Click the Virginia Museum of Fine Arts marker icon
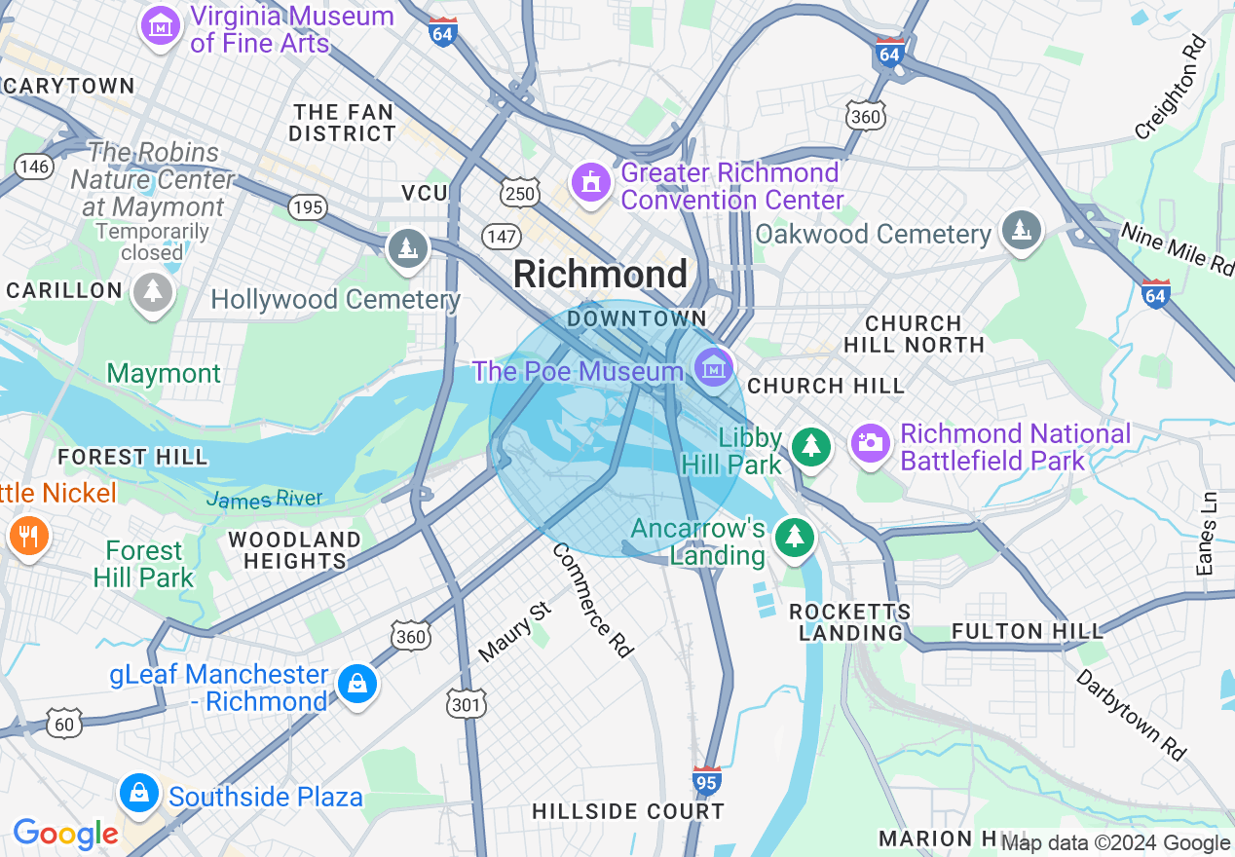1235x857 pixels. click(x=161, y=25)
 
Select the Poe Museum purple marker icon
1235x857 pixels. click(x=714, y=368)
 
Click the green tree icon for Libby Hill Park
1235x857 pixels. click(x=809, y=446)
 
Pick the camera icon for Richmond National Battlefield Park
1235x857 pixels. click(x=870, y=443)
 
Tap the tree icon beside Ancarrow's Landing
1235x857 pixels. click(x=795, y=536)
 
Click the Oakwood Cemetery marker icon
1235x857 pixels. click(x=1020, y=230)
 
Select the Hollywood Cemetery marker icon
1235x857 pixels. click(x=408, y=248)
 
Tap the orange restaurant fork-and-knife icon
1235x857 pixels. click(x=29, y=535)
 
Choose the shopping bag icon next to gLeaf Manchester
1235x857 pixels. click(x=357, y=684)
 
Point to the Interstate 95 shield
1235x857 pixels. click(x=707, y=780)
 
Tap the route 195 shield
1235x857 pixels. click(x=308, y=206)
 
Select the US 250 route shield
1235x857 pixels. click(x=520, y=194)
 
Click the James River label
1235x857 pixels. click(x=264, y=500)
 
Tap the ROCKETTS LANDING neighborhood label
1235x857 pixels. click(x=849, y=622)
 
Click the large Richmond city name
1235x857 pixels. click(x=600, y=275)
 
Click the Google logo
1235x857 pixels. click(x=66, y=834)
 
